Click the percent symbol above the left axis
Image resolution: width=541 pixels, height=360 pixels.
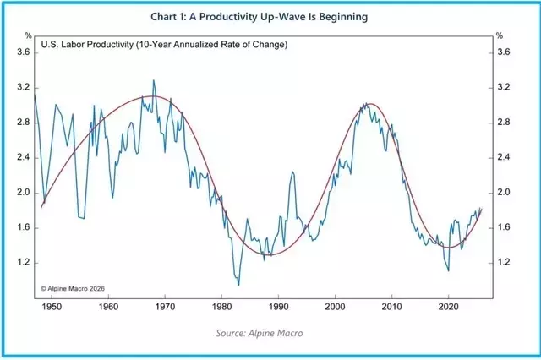pyautogui.click(x=27, y=35)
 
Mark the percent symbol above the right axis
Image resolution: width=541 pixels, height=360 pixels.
pyautogui.click(x=500, y=35)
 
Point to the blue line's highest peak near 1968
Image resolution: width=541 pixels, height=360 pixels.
pyautogui.click(x=153, y=80)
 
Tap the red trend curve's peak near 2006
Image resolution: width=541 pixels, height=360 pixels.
pyautogui.click(x=370, y=103)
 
